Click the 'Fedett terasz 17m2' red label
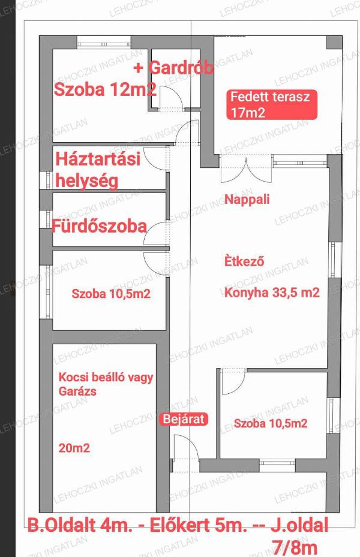click(272, 105)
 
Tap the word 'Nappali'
click(247, 199)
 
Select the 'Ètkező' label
click(244, 261)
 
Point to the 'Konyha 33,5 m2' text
click(272, 293)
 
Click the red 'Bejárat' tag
click(184, 419)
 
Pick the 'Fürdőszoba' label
click(100, 226)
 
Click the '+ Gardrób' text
click(174, 68)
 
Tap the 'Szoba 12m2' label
click(105, 89)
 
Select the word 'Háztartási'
click(98, 159)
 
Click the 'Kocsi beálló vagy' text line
click(106, 377)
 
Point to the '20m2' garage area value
click(74, 448)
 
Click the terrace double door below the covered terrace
click(246, 169)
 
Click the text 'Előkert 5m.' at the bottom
click(199, 526)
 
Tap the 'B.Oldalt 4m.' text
click(79, 526)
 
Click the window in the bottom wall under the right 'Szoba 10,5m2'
click(277, 463)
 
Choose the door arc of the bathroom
click(155, 233)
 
